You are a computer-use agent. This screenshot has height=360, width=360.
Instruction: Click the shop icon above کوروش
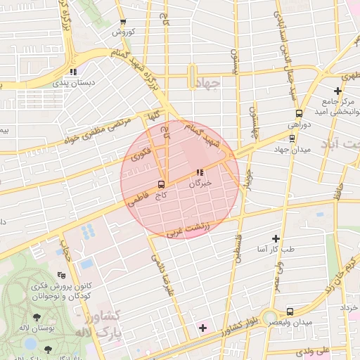(x=123, y=22)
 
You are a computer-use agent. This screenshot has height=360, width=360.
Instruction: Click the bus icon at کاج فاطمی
(x=162, y=185)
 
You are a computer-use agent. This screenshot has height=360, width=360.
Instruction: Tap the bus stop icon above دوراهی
(x=299, y=113)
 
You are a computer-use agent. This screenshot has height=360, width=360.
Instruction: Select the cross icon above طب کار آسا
(x=276, y=239)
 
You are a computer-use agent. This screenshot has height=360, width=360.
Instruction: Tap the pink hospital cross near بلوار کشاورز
(x=203, y=328)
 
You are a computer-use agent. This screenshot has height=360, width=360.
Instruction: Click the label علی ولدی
(x=314, y=349)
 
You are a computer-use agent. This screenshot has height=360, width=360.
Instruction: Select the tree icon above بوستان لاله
(x=37, y=319)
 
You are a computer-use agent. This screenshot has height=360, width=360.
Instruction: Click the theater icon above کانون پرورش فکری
(x=61, y=276)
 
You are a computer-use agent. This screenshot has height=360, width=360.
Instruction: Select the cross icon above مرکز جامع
(x=338, y=90)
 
